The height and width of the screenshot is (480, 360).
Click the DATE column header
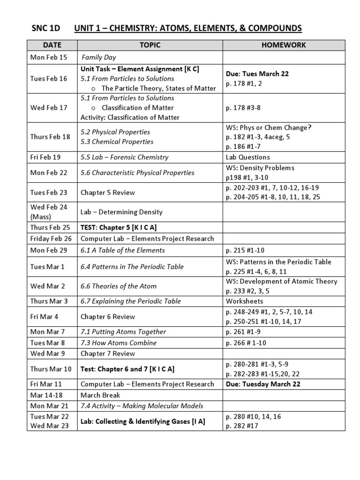tap(52, 45)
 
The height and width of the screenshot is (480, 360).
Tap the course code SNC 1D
tap(45, 29)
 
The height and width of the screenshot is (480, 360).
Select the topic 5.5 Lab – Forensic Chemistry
tap(124, 157)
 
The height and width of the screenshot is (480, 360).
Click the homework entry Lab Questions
tap(247, 157)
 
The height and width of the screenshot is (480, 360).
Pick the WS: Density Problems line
tap(260, 168)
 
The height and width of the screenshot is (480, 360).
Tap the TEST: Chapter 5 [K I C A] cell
tap(119, 227)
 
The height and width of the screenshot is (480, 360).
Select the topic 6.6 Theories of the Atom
tap(119, 286)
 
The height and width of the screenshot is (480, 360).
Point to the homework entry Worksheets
tap(244, 301)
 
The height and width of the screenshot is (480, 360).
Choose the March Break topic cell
tap(100, 395)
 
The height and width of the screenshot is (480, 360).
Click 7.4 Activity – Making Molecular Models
tap(142, 406)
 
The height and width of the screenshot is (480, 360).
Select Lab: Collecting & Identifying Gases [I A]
tap(142, 421)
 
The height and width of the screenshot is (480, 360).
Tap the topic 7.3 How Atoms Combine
tap(119, 343)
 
